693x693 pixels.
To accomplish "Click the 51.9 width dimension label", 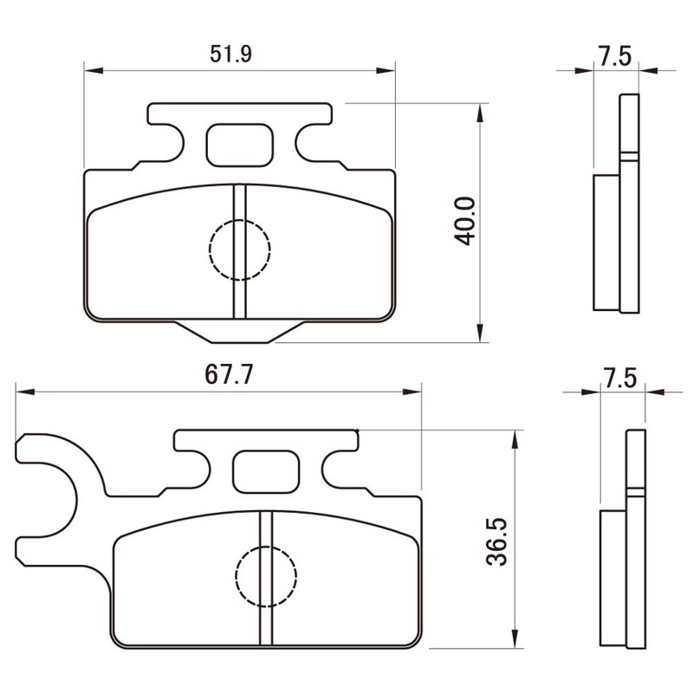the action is pos(230,54).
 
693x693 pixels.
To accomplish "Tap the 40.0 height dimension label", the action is pos(464,221).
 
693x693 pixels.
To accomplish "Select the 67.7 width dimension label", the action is pos(229,375).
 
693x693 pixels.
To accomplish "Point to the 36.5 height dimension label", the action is pos(496,541).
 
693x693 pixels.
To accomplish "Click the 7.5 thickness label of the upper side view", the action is pos(615,56).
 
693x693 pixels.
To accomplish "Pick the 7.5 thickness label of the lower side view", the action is pos(620,379).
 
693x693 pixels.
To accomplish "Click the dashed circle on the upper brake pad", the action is pos(240,249).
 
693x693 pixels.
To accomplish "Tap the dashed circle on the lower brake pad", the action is pos(266,576).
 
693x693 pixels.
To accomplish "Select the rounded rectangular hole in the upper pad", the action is pos(240,145).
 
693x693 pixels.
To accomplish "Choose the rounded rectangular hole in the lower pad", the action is pos(266,471).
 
